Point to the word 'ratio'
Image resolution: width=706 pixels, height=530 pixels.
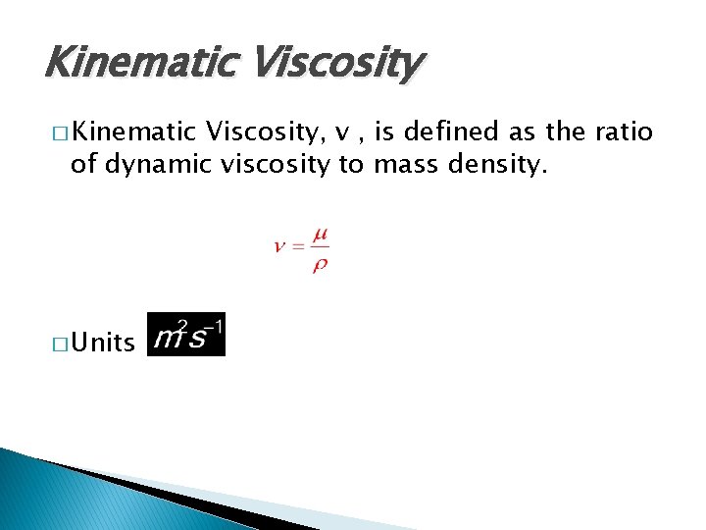(x=623, y=132)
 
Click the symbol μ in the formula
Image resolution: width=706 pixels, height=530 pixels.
(x=320, y=237)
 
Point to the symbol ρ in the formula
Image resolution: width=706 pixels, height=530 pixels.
(x=320, y=265)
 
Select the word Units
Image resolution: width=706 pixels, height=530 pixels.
(x=103, y=343)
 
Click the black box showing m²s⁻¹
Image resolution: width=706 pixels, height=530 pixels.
(x=185, y=334)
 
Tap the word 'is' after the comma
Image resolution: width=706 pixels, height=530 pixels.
(x=381, y=132)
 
